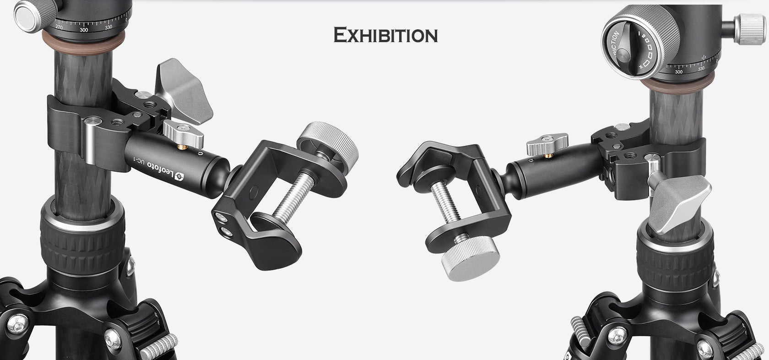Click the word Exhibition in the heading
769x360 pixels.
(385, 35)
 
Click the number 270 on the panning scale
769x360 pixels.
(59, 27)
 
